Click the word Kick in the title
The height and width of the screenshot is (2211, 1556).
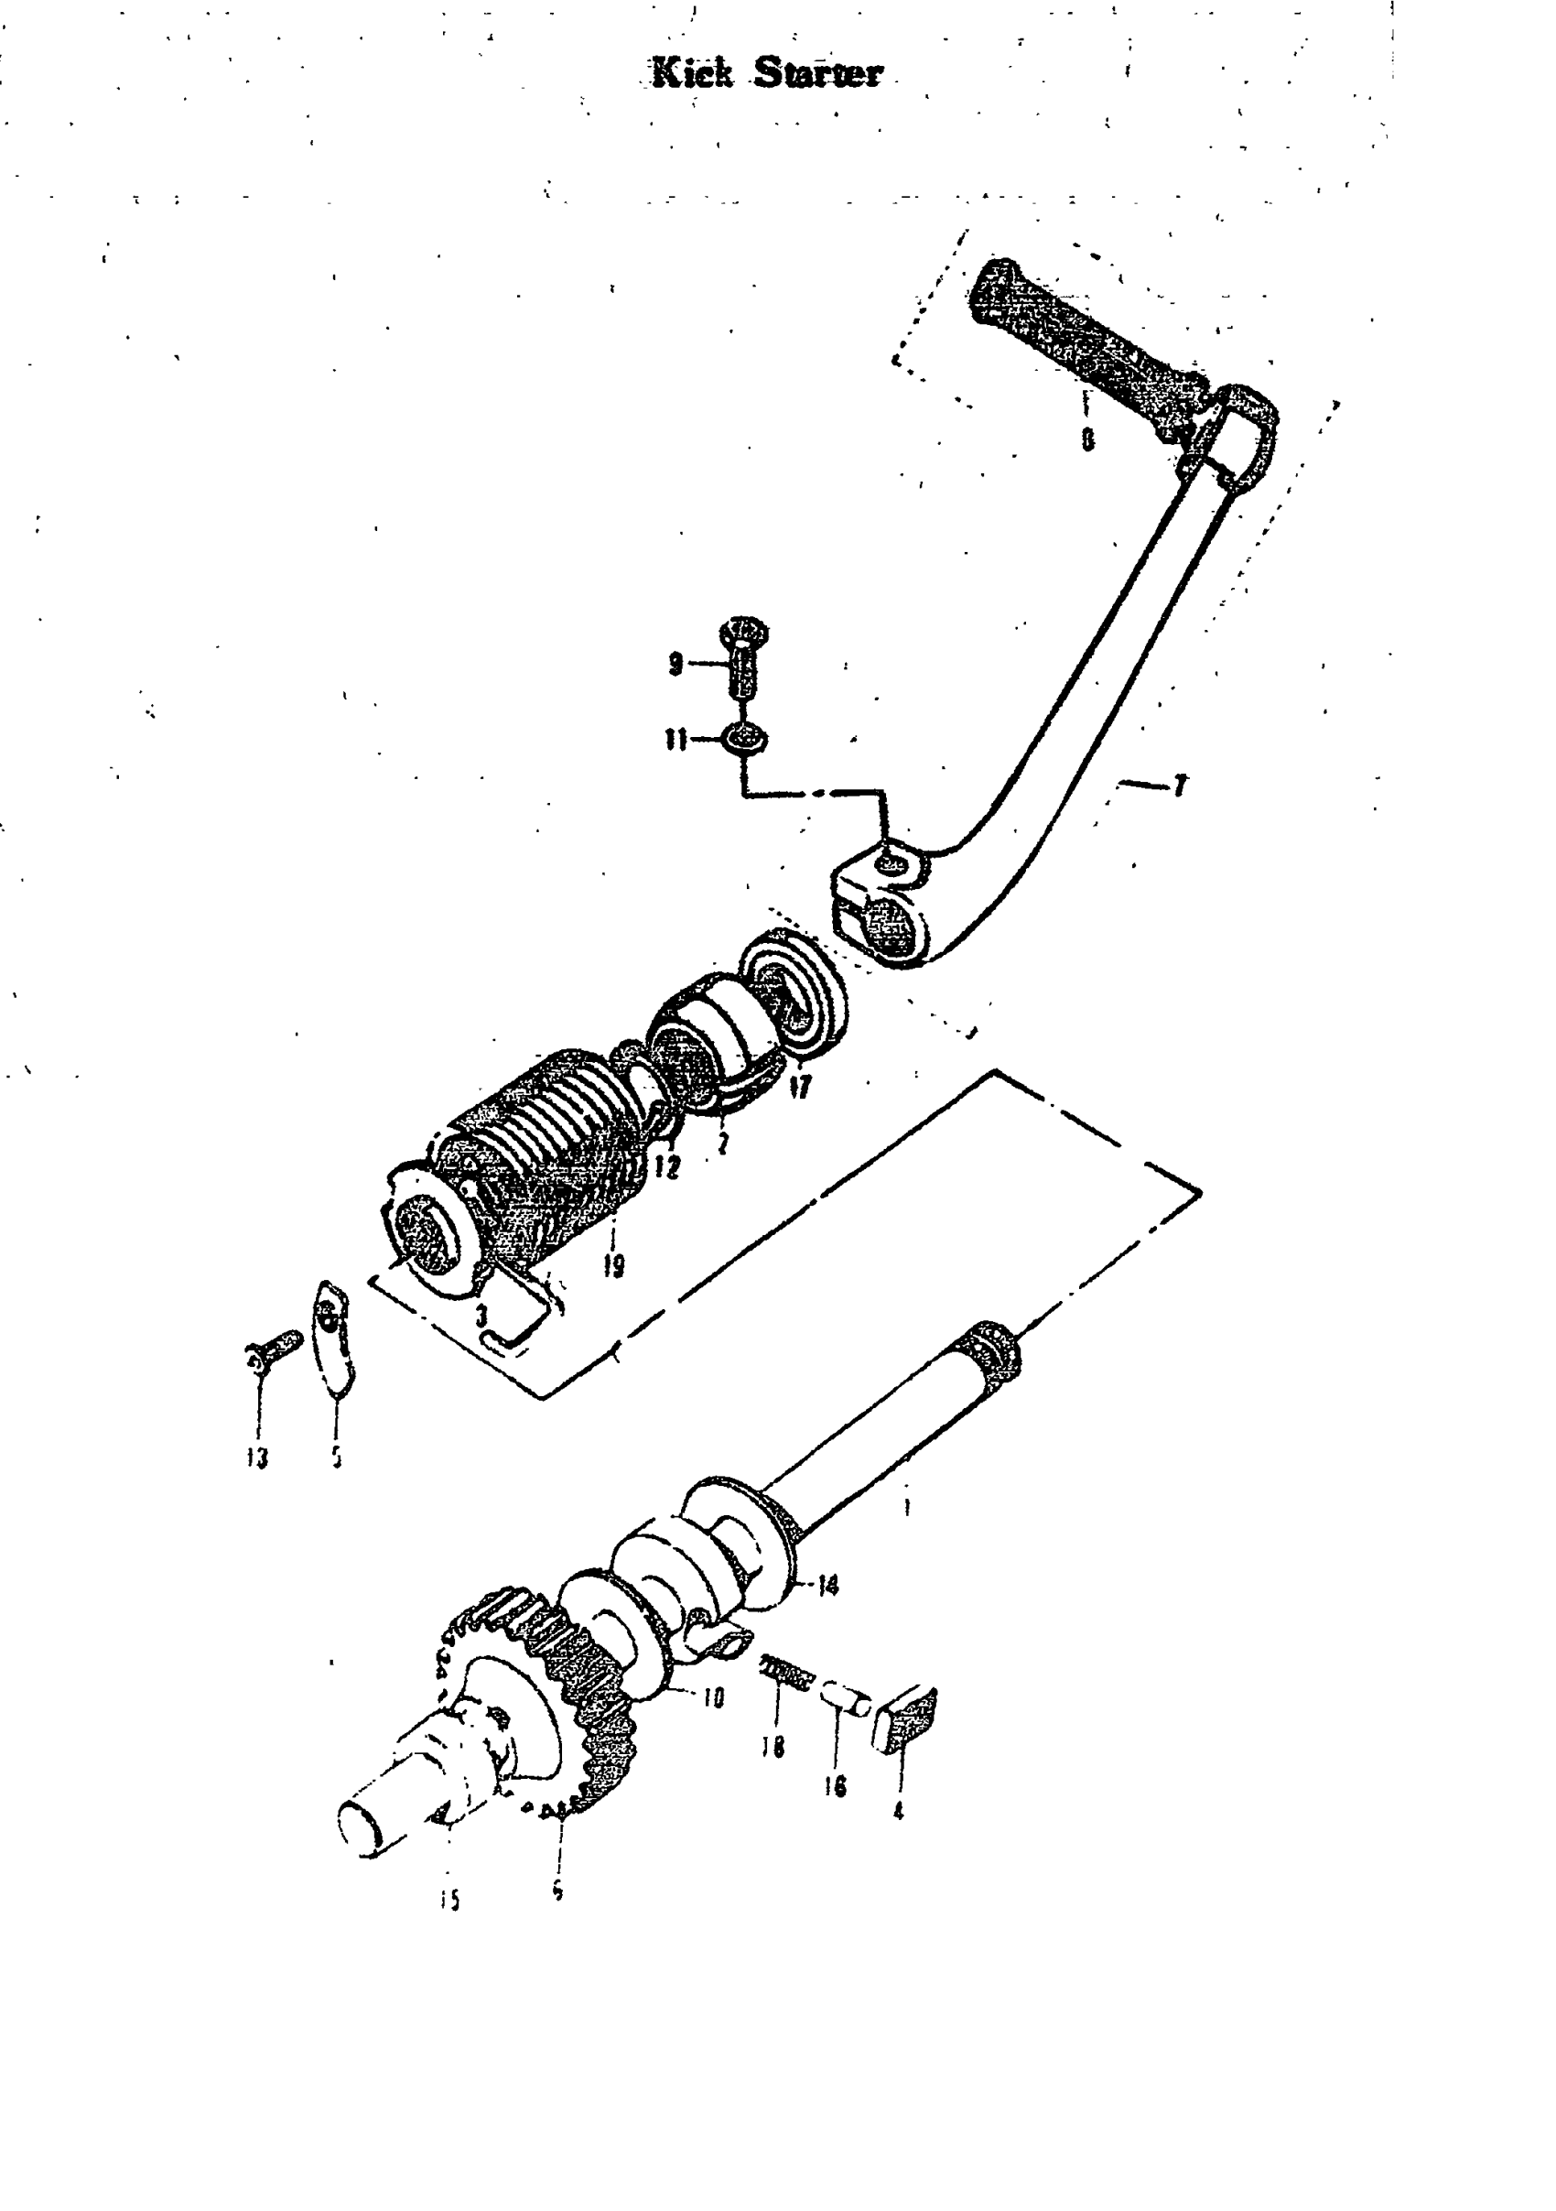tap(692, 74)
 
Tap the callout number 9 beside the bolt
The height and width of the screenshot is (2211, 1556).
tap(675, 664)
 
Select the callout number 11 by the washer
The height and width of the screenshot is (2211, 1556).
tap(675, 741)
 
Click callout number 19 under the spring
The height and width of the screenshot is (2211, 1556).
tap(613, 1264)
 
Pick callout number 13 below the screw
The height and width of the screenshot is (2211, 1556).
tap(256, 1457)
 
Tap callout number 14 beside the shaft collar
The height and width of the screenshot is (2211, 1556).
tap(827, 1584)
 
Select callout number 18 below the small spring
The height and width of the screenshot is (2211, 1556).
tap(772, 1746)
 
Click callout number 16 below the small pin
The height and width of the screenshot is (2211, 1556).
tap(835, 1786)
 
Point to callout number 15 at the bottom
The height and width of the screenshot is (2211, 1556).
tap(449, 1898)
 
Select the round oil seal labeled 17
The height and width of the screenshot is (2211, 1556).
tap(793, 993)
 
